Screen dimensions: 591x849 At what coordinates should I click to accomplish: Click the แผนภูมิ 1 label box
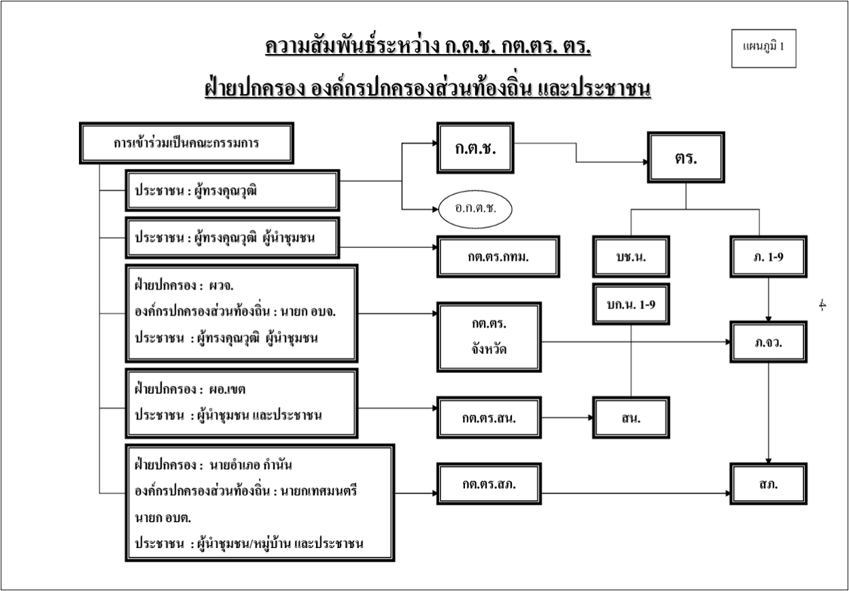tap(763, 47)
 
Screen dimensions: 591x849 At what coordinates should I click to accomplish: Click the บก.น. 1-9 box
tap(631, 303)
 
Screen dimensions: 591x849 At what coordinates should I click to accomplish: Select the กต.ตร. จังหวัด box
tap(489, 337)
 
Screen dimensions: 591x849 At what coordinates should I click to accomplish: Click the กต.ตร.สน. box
tap(489, 418)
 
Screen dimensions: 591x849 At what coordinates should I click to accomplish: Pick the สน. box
tap(631, 418)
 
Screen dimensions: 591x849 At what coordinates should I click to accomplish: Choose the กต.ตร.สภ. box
tap(489, 484)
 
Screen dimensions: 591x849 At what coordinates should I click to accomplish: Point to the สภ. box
tap(768, 484)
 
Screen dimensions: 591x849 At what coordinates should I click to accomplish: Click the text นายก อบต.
tap(163, 517)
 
